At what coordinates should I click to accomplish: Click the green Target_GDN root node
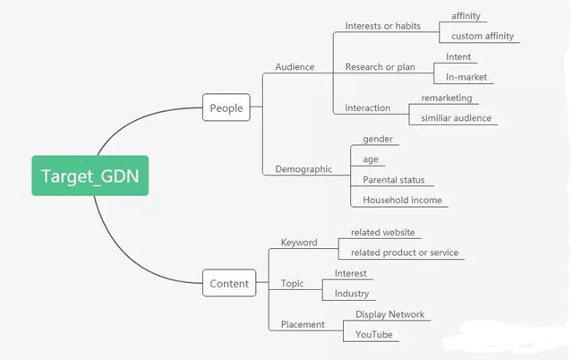[90, 176]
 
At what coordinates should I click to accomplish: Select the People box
[226, 108]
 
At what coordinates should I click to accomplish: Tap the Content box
[229, 284]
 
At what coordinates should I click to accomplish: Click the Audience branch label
[295, 67]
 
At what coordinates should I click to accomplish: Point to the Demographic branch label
[304, 168]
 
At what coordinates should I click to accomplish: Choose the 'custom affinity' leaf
[483, 36]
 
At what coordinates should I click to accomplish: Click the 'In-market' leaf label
[466, 77]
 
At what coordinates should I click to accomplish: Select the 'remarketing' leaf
[446, 98]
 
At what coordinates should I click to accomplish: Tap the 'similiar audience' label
[456, 118]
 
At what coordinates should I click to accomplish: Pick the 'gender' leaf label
[378, 139]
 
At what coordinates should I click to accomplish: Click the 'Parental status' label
[394, 180]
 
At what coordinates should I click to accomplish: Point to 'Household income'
[402, 201]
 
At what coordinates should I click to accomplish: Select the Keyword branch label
[299, 242]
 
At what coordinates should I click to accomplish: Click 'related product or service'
[405, 253]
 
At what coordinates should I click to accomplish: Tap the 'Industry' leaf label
[352, 294]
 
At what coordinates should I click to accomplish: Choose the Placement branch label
[303, 324]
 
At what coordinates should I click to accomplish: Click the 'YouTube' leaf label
[373, 335]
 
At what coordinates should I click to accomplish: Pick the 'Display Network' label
[389, 314]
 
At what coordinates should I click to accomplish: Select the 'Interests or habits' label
[382, 26]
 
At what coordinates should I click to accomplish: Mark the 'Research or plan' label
[380, 67]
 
